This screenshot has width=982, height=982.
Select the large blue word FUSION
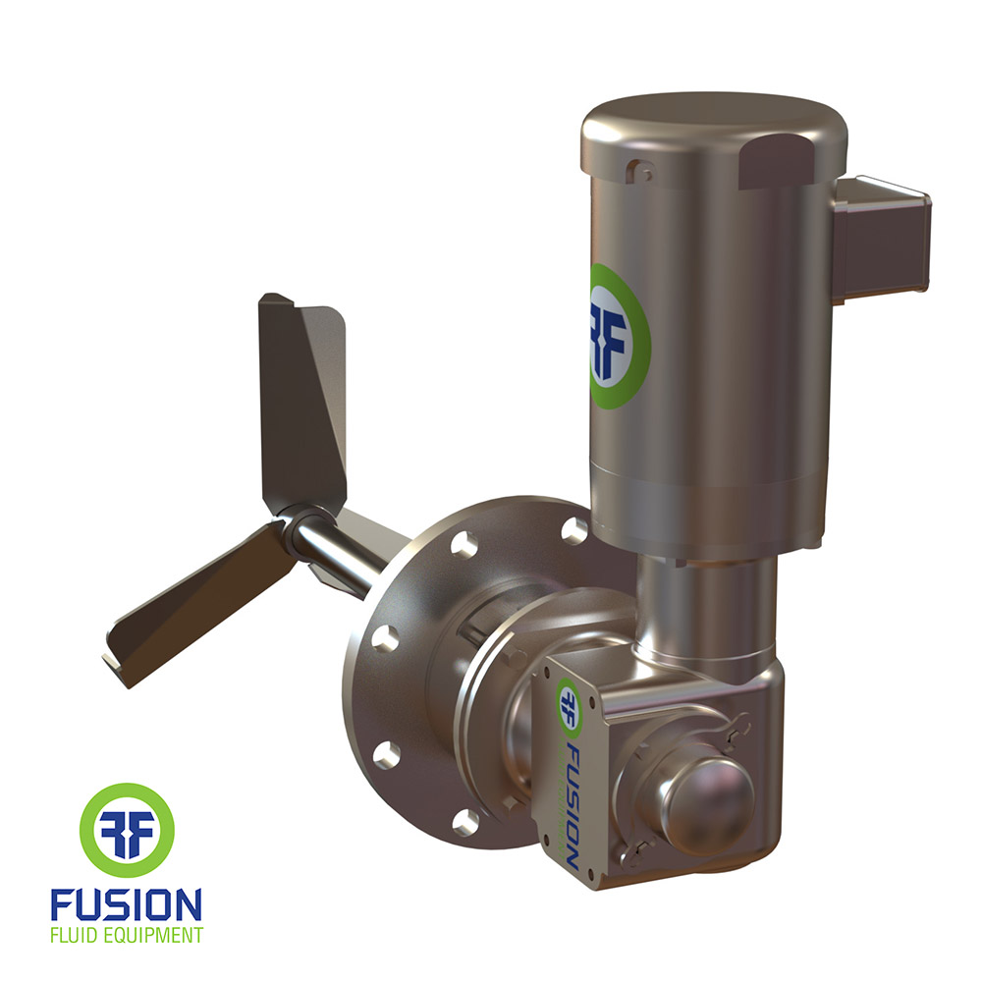pyautogui.click(x=127, y=903)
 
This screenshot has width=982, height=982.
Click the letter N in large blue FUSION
pyautogui.click(x=190, y=903)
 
